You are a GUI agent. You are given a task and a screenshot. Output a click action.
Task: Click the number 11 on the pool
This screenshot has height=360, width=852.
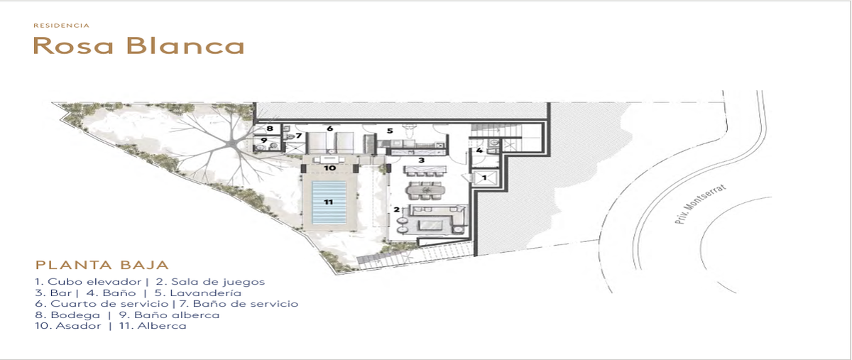click(329, 202)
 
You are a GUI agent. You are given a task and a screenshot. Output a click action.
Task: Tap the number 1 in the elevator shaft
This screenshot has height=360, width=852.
click(484, 178)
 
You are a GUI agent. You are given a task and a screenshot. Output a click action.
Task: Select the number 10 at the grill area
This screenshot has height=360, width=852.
click(329, 168)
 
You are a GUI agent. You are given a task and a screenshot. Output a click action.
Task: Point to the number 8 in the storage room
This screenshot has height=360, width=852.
click(270, 129)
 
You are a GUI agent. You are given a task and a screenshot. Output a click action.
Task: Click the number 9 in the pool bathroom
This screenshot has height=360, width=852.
click(264, 141)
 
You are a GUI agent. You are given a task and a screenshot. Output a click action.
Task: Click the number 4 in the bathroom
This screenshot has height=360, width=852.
click(479, 151)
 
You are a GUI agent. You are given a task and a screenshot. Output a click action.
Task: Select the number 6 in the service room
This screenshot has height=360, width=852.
click(329, 129)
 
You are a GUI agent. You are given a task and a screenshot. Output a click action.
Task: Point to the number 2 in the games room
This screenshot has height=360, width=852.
click(397, 209)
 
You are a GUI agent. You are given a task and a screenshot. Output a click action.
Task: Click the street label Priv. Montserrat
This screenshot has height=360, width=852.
click(701, 204)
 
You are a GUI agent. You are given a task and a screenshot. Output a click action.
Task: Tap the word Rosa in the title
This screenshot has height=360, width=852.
click(73, 45)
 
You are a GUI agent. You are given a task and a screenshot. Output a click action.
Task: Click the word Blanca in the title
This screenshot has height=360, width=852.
click(185, 45)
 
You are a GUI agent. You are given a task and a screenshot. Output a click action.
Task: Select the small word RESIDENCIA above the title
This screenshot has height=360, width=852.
click(62, 26)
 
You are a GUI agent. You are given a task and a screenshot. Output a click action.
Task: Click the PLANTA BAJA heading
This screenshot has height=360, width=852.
click(102, 265)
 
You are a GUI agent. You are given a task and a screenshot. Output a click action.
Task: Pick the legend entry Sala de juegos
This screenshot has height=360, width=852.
click(218, 282)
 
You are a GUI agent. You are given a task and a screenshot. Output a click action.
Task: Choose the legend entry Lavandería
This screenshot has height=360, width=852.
click(205, 293)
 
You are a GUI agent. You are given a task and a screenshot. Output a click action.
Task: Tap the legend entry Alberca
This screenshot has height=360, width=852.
click(162, 326)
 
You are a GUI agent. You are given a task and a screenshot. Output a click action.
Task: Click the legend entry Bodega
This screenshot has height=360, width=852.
click(75, 315)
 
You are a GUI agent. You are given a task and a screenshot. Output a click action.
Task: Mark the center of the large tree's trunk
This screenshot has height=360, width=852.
click(231, 143)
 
